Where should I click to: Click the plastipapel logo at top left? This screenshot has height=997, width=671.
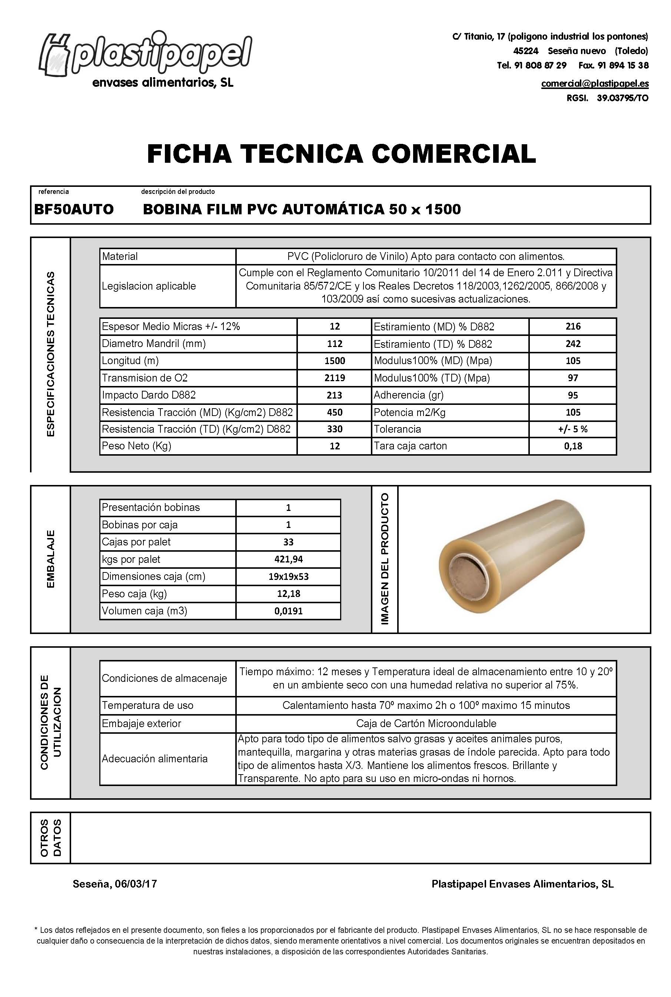pos(146,56)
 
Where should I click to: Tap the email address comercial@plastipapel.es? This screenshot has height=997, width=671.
pos(594,83)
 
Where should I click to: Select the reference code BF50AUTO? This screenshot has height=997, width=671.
pos(74,209)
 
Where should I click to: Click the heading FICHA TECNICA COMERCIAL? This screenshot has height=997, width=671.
pos(341,154)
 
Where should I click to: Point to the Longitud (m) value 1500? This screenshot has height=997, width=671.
pos(334,361)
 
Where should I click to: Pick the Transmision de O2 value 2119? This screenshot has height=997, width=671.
pos(334,378)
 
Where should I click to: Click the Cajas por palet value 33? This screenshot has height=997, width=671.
pos(288,542)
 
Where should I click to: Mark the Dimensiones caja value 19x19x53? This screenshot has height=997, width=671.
pos(288,577)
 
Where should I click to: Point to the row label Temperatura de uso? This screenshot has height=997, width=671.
pos(147,705)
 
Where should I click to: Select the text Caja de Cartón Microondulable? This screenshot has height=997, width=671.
pos(426,723)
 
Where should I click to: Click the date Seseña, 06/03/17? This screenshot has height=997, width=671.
pos(115,884)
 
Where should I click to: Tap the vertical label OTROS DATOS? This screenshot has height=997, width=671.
pos(50,838)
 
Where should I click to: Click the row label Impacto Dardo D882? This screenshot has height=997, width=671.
pos(149,395)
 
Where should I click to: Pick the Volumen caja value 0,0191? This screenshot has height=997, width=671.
pos(288,611)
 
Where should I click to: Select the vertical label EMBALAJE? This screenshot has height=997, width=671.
pos(50,559)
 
